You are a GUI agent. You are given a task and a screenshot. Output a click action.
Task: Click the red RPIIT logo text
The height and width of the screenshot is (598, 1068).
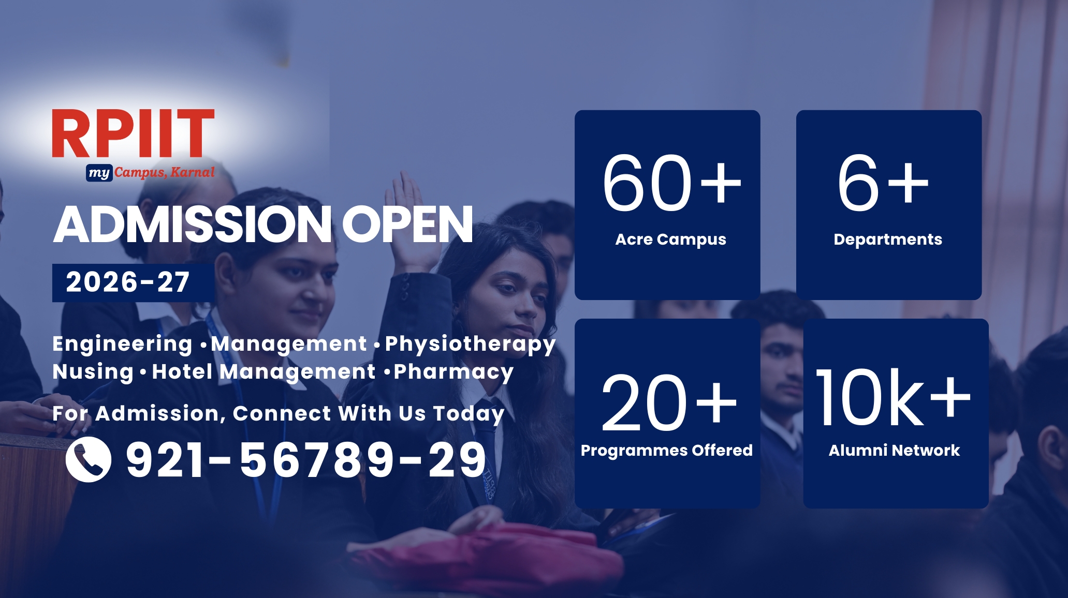(x=133, y=133)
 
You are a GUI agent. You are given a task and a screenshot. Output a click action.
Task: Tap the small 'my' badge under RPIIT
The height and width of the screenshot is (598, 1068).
(x=99, y=173)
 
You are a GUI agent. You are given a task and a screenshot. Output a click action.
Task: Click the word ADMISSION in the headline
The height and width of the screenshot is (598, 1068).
(x=193, y=224)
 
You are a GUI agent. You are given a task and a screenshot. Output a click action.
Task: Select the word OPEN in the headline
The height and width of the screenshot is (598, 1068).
(x=407, y=224)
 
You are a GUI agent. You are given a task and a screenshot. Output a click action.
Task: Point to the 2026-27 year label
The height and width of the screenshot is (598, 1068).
(x=128, y=282)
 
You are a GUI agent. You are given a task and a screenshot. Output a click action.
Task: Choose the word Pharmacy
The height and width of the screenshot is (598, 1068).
(x=453, y=372)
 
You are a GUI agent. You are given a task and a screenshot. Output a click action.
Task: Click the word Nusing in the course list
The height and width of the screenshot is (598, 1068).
(x=93, y=372)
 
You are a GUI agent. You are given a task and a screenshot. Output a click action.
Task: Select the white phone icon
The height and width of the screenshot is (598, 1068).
(x=89, y=459)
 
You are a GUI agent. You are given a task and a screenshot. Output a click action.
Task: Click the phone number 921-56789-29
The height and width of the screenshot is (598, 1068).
(x=306, y=459)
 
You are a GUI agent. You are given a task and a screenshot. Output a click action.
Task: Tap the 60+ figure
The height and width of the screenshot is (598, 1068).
(x=671, y=183)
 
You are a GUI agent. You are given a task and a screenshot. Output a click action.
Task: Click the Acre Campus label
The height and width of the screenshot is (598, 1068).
(x=670, y=240)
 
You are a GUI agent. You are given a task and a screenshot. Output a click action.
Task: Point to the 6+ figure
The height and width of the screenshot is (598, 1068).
(x=883, y=183)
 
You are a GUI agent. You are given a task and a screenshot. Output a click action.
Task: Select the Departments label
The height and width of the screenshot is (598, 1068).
(x=888, y=240)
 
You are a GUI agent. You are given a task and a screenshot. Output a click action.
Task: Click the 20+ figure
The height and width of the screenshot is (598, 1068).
(x=669, y=402)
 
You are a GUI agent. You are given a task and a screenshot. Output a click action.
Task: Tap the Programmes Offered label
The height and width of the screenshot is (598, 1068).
(x=667, y=451)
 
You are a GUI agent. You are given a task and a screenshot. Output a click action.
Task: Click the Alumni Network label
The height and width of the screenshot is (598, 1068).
(x=894, y=451)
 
